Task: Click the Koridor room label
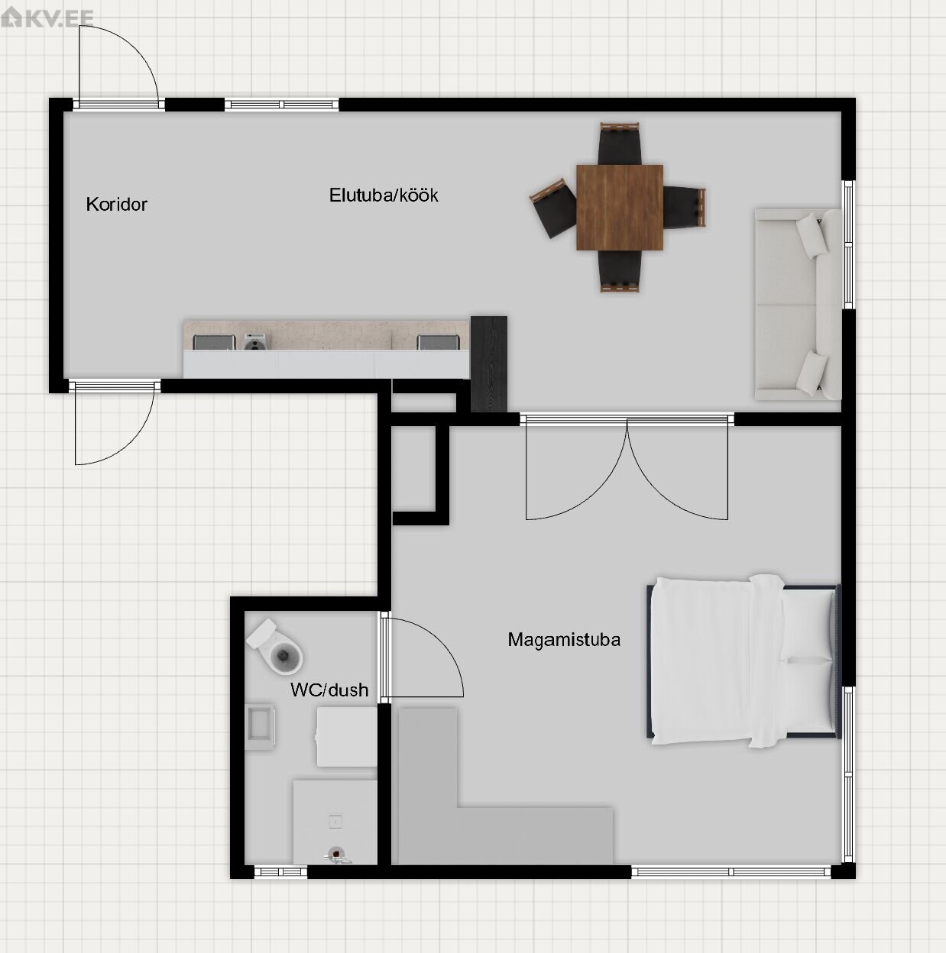click(117, 204)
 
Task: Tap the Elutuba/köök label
click(384, 195)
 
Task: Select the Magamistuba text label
click(564, 639)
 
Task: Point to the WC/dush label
click(329, 690)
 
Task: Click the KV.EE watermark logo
click(47, 18)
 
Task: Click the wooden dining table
click(619, 207)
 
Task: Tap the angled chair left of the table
click(553, 208)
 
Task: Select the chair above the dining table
click(619, 144)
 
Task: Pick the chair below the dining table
click(619, 271)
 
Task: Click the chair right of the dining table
click(684, 207)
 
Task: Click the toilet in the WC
click(275, 646)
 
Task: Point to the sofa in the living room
click(798, 304)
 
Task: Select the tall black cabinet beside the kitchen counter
click(488, 364)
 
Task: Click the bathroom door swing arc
click(439, 644)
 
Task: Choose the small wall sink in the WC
click(260, 726)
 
